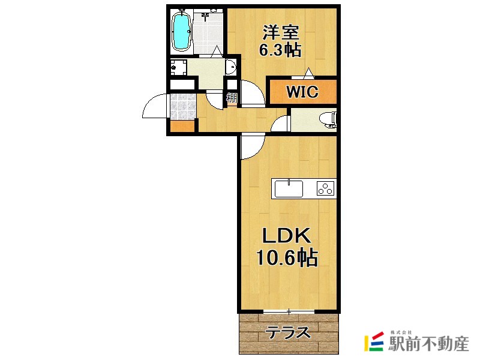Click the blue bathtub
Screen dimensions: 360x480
pyautogui.click(x=181, y=31)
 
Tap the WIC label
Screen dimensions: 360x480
pyautogui.click(x=301, y=92)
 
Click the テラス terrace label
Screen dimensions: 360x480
pyautogui.click(x=288, y=332)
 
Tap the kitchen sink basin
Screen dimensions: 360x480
pyautogui.click(x=289, y=188)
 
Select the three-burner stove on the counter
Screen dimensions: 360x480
pyautogui.click(x=325, y=188)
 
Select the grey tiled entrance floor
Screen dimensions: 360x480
pyautogui.click(x=182, y=106)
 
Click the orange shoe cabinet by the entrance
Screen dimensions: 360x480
pyautogui.click(x=182, y=127)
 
